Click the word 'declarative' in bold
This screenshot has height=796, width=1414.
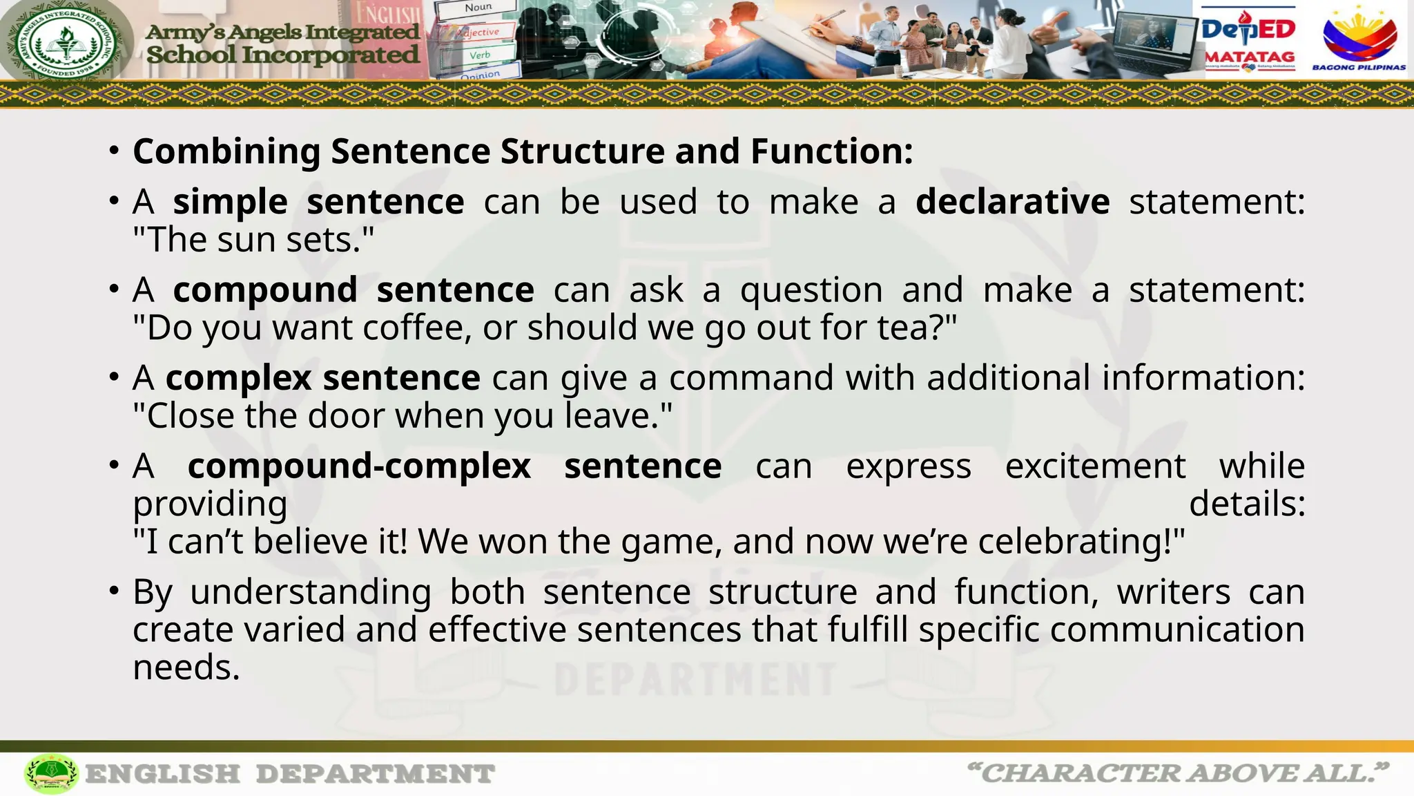[1012, 202]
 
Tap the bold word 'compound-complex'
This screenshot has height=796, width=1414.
[359, 466]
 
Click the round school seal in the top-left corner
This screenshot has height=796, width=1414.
[66, 41]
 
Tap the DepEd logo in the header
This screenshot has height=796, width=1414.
[1248, 29]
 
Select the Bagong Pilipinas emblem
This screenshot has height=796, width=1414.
[1359, 38]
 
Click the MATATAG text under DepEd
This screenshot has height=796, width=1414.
[1250, 57]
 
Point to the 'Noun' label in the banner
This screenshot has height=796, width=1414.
[478, 8]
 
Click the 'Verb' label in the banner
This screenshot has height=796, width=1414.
[480, 55]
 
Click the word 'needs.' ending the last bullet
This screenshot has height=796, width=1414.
[186, 668]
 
